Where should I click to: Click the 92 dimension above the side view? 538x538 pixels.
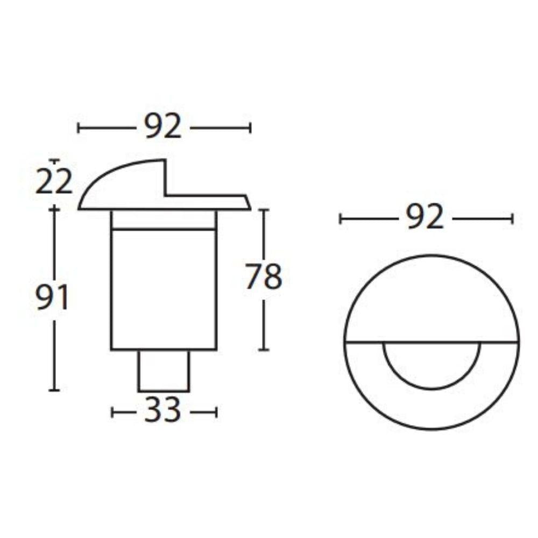tap(163, 128)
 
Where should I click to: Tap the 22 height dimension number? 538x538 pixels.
tap(54, 182)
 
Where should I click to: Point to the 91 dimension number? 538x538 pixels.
tap(53, 299)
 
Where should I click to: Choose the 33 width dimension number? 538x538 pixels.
tap(163, 412)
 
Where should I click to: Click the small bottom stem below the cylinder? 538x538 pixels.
tap(164, 371)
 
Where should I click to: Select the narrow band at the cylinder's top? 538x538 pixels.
tap(164, 220)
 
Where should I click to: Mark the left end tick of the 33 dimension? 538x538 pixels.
tap(112, 413)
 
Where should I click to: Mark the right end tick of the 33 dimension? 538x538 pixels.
tap(216, 413)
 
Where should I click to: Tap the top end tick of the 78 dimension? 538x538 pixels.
tap(263, 210)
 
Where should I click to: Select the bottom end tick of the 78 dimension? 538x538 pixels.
tap(263, 350)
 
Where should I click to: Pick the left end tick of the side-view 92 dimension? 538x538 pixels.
tap(79, 128)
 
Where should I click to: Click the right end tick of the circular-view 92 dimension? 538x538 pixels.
tap(512, 218)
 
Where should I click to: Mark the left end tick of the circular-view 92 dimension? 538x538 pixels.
tap(340, 218)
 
